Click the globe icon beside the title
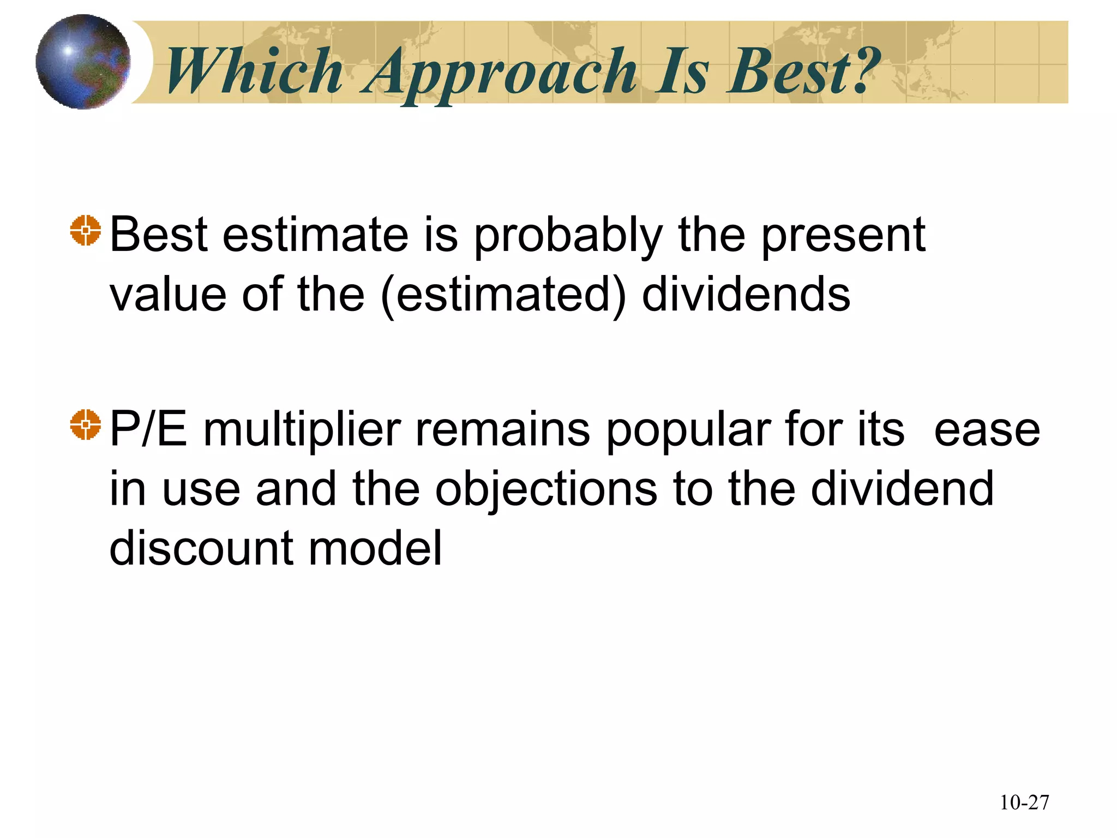[83, 62]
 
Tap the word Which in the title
[254, 71]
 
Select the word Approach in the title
[500, 73]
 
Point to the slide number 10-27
[1024, 803]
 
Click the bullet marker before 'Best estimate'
[86, 231]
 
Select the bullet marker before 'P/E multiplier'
[86, 424]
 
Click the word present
[843, 236]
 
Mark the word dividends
[746, 295]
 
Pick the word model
[375, 548]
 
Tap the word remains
[502, 430]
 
